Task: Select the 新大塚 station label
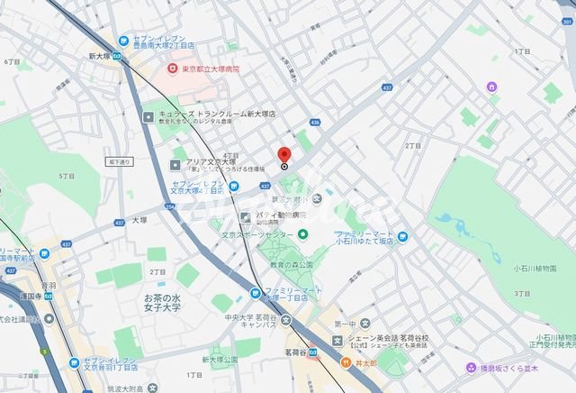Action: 100,55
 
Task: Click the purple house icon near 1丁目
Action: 492,87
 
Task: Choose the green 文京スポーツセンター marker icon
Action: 303,234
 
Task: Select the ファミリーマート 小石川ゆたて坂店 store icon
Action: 404,236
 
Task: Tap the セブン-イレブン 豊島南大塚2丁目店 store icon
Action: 122,39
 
